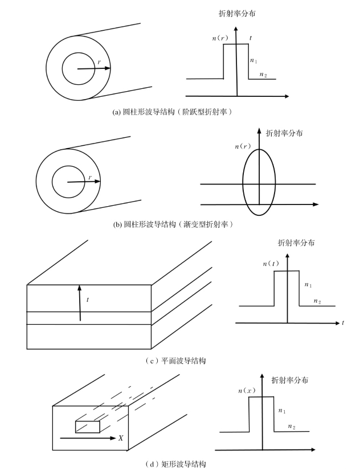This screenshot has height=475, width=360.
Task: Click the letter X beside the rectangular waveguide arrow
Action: [x=121, y=438]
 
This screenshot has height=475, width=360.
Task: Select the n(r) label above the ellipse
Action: [x=243, y=146]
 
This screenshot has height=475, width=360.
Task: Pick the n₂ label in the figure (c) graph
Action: [x=317, y=301]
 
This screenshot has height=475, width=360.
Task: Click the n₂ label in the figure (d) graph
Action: [x=291, y=426]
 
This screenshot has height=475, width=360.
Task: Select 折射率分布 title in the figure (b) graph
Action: [x=284, y=133]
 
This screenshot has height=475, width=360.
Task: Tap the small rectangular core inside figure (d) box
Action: [x=87, y=427]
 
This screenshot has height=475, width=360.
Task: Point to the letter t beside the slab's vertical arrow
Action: [x=87, y=300]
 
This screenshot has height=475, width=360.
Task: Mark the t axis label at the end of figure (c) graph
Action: [x=343, y=323]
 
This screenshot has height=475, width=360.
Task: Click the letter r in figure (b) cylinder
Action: [x=90, y=178]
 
